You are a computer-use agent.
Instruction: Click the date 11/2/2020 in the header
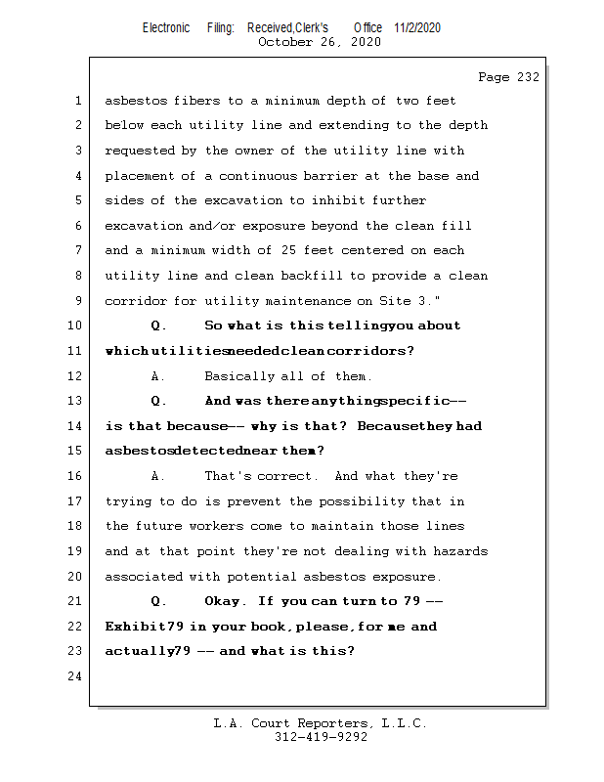(417, 27)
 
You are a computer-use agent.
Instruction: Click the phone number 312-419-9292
(321, 738)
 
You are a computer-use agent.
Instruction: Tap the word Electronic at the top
(166, 27)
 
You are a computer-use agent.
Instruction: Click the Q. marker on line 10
(159, 326)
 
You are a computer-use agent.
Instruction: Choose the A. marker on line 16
(159, 476)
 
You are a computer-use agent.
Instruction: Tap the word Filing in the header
(221, 27)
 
